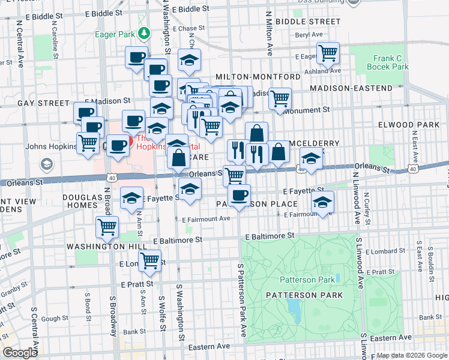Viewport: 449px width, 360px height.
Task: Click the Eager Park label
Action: [115, 34]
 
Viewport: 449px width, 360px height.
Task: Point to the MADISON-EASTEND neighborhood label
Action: [351, 88]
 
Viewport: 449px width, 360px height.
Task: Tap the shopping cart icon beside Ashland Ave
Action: [328, 53]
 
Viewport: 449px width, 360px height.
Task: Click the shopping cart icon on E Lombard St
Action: [149, 261]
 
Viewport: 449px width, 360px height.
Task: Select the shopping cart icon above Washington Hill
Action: [107, 227]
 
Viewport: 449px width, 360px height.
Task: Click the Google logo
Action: [20, 353]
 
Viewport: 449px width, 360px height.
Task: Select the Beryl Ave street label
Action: [309, 35]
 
